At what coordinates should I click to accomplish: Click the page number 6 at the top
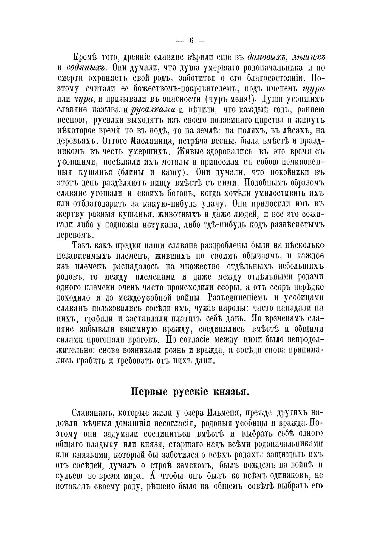point(191,41)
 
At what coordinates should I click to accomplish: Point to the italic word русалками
point(153,110)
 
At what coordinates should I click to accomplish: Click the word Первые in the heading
point(150,392)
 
